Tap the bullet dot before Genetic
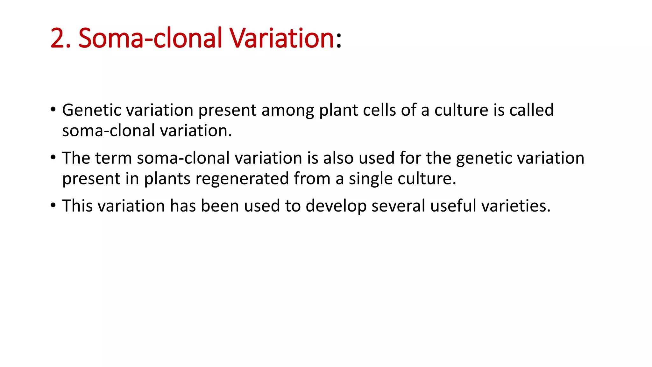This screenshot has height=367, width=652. (x=53, y=110)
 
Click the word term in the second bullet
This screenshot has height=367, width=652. (x=113, y=158)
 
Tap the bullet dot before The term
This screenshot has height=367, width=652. (x=53, y=158)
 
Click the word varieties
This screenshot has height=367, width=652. (x=516, y=206)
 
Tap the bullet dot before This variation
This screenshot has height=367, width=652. (x=53, y=205)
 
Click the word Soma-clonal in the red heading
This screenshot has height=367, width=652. (x=150, y=38)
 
